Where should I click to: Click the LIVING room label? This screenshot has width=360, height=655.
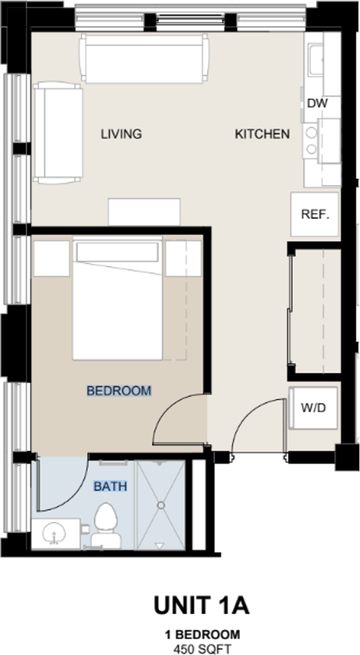(x=121, y=134)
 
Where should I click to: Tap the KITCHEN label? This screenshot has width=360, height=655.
(x=262, y=134)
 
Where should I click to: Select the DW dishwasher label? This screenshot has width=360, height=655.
(x=318, y=103)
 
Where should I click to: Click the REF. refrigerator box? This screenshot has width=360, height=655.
(x=315, y=214)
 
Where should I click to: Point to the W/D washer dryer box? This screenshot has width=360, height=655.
(x=314, y=408)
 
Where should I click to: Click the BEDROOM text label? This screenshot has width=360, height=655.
(x=119, y=391)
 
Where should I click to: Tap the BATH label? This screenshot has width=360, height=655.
(x=109, y=486)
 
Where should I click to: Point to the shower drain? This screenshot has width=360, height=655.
(x=161, y=506)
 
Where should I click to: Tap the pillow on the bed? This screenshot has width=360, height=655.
(x=117, y=252)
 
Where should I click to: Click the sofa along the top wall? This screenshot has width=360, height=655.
(x=144, y=59)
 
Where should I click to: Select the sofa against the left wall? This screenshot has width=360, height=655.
(x=57, y=132)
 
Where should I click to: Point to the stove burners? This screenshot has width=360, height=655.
(x=312, y=141)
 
